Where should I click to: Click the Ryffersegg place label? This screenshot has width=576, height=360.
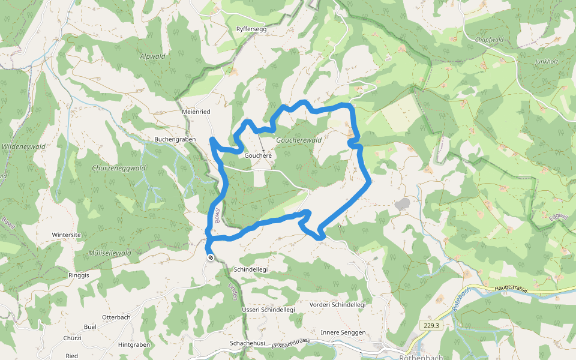point(251,29)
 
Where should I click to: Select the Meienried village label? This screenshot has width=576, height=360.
point(196,112)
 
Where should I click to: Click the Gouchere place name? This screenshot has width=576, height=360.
point(258,155)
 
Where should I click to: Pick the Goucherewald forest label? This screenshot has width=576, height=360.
point(299,140)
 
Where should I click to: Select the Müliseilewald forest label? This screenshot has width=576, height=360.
point(110,253)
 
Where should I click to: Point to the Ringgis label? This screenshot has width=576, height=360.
point(79,275)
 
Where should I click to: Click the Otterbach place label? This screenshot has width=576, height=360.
point(116,317)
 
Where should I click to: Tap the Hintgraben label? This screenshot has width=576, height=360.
point(134,345)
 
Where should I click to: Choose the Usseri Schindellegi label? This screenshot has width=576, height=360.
point(268,309)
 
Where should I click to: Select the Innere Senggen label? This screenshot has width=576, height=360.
point(343,332)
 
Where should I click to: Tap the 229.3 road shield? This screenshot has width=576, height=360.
point(431,326)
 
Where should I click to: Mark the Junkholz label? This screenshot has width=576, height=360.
point(546,61)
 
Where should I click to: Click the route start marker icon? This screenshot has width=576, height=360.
point(211,257)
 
